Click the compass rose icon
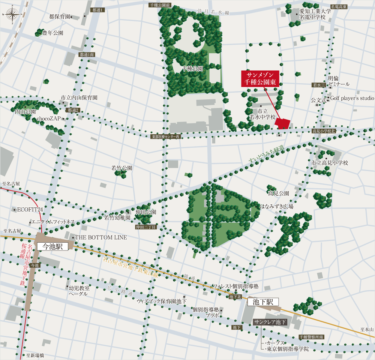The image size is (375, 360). click(x=12, y=15)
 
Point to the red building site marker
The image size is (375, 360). click(x=283, y=123)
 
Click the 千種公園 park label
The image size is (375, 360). click(x=192, y=69)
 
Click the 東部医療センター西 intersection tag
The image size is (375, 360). click(x=166, y=137)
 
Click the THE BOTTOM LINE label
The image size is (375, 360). click(x=101, y=237)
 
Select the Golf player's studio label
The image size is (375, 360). click(x=352, y=98)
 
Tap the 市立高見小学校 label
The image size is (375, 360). click(x=330, y=163)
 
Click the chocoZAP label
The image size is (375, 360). click(x=49, y=118)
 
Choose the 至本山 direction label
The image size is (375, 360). click(x=367, y=329)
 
